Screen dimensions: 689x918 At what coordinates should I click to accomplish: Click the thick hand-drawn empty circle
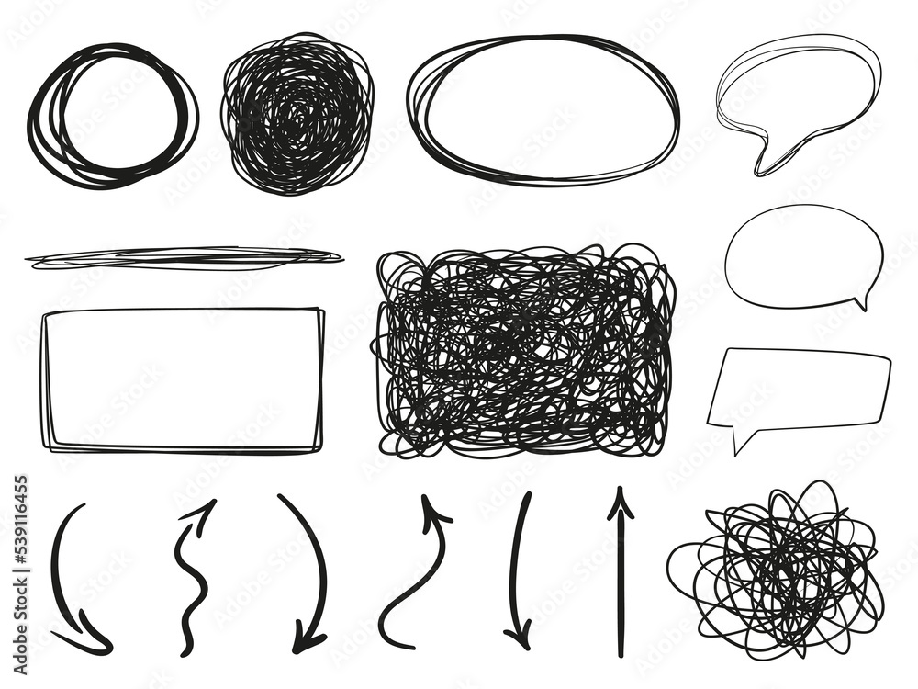pos(112,114)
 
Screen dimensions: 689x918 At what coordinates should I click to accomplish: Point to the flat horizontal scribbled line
pos(184,257)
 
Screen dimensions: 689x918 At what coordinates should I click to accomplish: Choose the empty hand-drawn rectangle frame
pos(182,378)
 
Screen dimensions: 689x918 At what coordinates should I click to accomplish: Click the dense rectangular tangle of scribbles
pos(523,349)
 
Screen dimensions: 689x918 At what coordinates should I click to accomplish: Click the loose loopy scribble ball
pos(776,570)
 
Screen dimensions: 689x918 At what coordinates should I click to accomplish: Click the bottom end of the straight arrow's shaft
pos(621,654)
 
